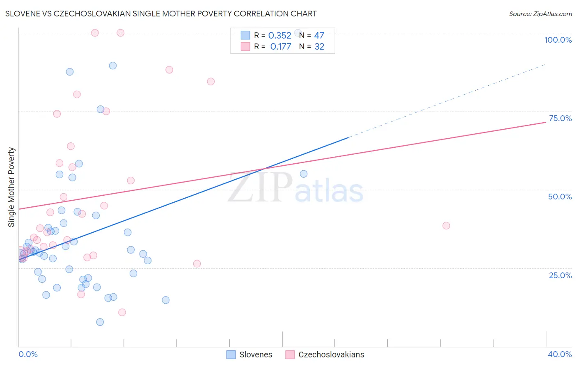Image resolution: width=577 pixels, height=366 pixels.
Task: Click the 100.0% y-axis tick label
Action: (558, 40)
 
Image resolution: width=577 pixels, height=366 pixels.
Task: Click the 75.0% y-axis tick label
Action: (560, 118)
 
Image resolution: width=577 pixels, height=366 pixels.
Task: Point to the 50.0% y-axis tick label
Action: (560, 197)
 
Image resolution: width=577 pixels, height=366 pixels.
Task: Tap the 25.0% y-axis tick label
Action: (560, 275)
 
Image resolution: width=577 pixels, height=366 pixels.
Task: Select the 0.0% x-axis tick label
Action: (28, 354)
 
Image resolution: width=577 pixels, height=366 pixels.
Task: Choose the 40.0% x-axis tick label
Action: (559, 354)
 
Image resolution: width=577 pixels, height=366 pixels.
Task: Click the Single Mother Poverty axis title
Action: (11, 187)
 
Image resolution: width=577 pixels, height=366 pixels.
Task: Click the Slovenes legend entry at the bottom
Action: (249, 355)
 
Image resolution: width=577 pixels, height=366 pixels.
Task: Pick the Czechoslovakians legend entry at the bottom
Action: (325, 355)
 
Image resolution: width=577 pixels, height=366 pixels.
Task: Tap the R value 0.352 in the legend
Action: (279, 36)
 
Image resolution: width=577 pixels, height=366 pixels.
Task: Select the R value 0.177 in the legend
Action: (281, 47)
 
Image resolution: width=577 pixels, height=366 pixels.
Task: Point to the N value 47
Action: (319, 36)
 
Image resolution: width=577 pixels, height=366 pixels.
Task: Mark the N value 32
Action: (319, 47)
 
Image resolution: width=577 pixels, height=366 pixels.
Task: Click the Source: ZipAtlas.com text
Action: (540, 14)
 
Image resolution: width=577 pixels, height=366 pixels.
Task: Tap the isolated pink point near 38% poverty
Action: (446, 226)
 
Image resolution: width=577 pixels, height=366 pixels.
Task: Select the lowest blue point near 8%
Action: (100, 322)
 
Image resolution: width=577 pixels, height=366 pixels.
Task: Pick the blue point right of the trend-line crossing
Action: (304, 174)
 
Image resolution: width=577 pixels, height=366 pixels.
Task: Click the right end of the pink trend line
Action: (545, 122)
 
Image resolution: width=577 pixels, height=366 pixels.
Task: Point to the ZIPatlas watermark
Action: (295, 188)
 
